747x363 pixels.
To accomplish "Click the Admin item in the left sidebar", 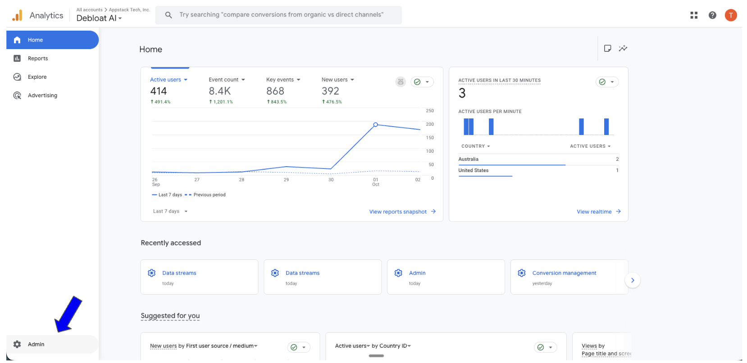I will tap(36, 344).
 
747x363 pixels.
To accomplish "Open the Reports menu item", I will tap(37, 59).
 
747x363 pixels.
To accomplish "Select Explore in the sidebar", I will tap(37, 77).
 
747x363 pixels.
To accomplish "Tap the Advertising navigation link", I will tap(42, 95).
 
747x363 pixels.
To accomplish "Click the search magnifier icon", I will tap(169, 15).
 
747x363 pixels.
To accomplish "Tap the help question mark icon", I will tap(712, 15).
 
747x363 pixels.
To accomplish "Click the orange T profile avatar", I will tap(731, 15).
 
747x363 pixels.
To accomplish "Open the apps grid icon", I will tap(694, 15).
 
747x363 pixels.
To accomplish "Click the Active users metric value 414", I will tap(159, 91).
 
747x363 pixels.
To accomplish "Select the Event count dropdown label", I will tap(227, 80).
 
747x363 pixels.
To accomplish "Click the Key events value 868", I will tap(275, 91).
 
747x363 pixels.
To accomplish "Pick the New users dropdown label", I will tap(337, 80).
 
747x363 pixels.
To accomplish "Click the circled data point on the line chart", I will tap(376, 125).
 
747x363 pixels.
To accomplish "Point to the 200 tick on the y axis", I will tap(430, 124).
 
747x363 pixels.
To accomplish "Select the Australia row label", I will tap(469, 159).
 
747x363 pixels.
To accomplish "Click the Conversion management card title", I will tap(564, 273).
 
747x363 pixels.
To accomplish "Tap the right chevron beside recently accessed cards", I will tap(633, 280).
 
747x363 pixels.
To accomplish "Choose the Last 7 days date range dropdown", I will tap(170, 211).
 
